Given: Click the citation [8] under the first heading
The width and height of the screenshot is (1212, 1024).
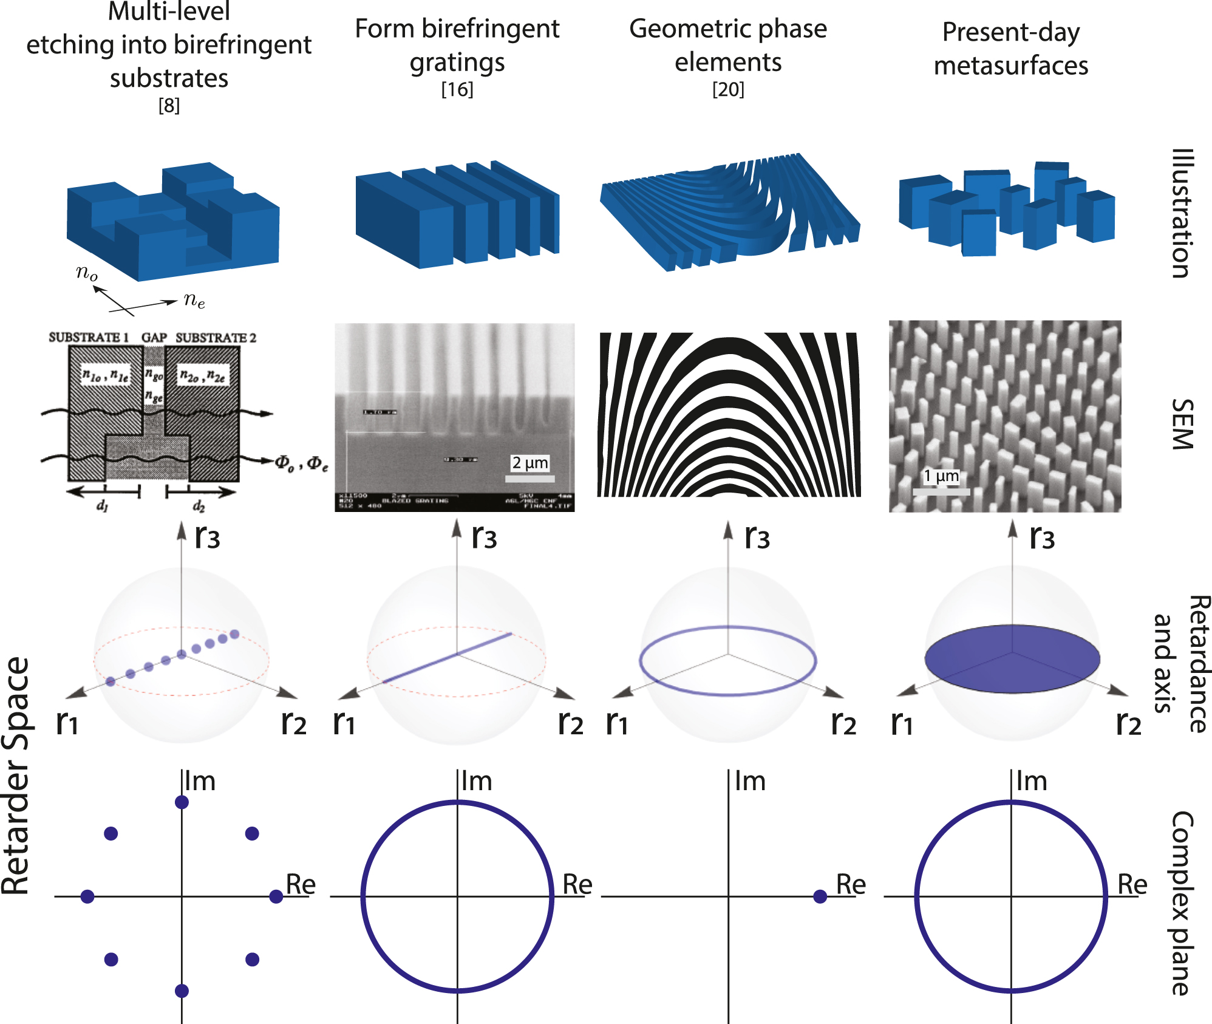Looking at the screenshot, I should [169, 106].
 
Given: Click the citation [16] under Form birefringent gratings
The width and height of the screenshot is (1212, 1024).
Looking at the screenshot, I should [457, 90].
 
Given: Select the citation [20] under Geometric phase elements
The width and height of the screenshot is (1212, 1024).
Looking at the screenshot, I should [727, 90].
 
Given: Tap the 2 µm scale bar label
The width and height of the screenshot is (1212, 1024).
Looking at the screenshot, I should [529, 463].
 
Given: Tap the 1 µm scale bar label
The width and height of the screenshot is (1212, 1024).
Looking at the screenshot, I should [941, 476].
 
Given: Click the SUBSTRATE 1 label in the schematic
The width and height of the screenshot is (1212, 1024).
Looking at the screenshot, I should [89, 338].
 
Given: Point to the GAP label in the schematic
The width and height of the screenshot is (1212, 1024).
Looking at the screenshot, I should [154, 338].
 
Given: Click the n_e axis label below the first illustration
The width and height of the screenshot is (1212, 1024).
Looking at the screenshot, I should [194, 299].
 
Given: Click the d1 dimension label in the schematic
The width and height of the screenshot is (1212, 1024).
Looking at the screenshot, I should [102, 505].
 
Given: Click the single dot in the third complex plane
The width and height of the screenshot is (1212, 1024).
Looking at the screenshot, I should [820, 896].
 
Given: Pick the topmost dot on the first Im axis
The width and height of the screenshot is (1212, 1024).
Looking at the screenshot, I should [182, 802].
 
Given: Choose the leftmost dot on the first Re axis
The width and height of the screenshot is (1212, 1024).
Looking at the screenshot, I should [87, 896].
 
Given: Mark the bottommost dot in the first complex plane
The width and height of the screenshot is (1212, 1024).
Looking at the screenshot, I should [182, 991].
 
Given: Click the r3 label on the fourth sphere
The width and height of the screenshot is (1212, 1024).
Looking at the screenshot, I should [1042, 538].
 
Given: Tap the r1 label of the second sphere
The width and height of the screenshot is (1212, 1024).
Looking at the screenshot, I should [344, 723].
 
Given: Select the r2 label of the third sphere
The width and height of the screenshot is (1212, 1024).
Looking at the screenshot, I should [843, 723].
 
